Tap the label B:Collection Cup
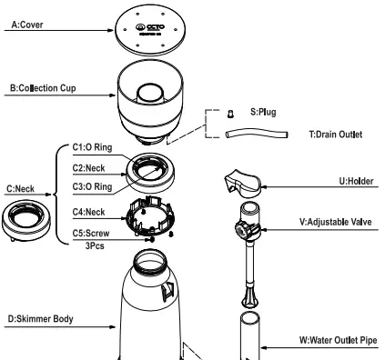point(41,87)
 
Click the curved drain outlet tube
point(256,133)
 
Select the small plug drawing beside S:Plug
point(230,115)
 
